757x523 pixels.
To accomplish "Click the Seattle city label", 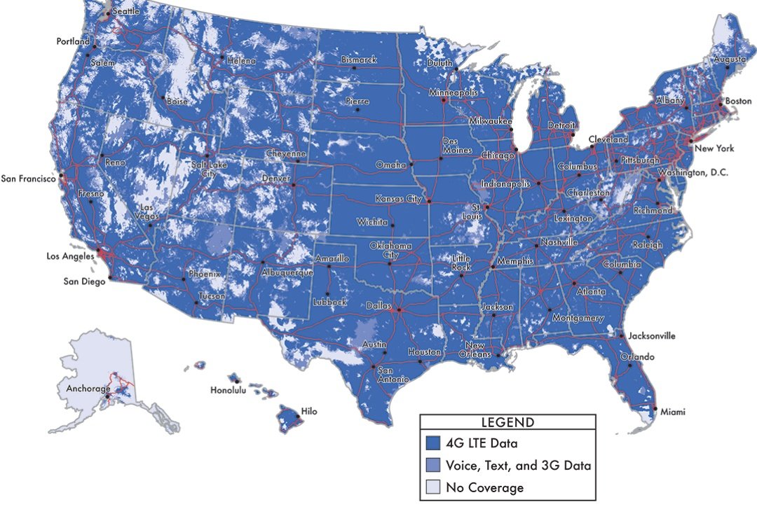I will (x=126, y=12).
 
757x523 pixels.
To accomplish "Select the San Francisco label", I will (x=28, y=179).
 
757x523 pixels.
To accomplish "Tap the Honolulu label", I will (x=229, y=391).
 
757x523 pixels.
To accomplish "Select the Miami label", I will (x=673, y=412).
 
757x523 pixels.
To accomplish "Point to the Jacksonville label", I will (x=652, y=336).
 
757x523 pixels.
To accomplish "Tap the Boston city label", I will (x=738, y=101).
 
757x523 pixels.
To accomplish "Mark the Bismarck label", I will (x=359, y=60).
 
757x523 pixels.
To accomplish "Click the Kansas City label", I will (x=398, y=199).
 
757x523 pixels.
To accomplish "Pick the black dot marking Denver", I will (x=293, y=186).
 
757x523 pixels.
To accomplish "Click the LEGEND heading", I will (x=507, y=422).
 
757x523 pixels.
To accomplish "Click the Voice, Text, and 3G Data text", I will (x=519, y=465).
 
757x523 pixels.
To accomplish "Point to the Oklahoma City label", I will (x=392, y=251).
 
